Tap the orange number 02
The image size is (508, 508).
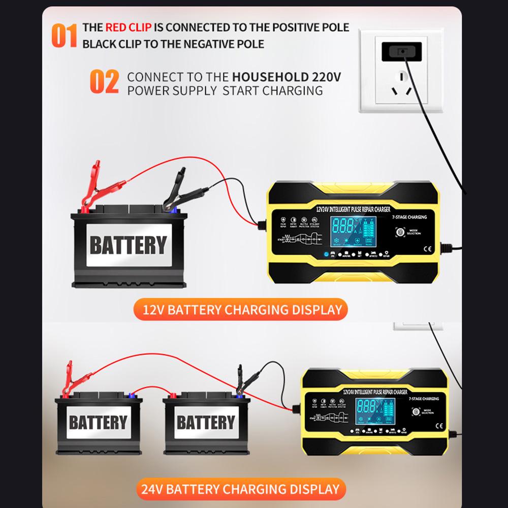click(104, 83)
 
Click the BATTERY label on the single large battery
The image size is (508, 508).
click(128, 245)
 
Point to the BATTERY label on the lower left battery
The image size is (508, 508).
click(98, 422)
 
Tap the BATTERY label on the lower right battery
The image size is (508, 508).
click(206, 422)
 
